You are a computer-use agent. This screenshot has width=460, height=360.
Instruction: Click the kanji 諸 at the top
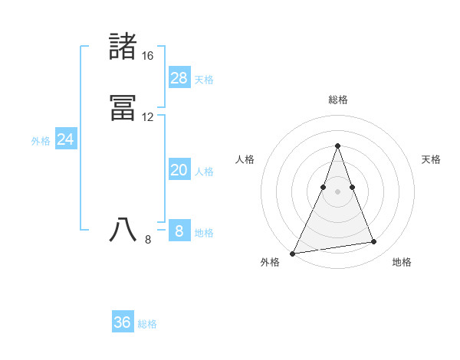(x=123, y=47)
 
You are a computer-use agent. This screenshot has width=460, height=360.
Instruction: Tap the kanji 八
(x=123, y=230)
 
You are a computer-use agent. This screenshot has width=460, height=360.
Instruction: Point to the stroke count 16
(x=147, y=56)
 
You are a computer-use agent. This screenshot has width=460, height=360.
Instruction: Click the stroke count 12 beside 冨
(x=147, y=117)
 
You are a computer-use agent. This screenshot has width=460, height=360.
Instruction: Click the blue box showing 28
(x=179, y=77)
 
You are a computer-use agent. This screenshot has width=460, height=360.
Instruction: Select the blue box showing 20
(x=179, y=170)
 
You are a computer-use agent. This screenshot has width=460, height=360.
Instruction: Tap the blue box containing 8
(x=179, y=231)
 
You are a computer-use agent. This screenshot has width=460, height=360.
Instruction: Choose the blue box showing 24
(x=66, y=139)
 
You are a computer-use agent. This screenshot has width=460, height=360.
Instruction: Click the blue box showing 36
(x=123, y=322)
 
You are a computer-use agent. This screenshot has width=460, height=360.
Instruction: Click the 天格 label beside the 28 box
(x=204, y=80)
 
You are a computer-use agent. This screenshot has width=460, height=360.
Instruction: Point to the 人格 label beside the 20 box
(x=204, y=172)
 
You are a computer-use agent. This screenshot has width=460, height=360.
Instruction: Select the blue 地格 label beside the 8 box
(x=204, y=233)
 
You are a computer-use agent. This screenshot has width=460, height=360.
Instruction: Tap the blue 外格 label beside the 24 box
(x=41, y=141)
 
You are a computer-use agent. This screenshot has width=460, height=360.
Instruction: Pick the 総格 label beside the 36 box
(x=147, y=324)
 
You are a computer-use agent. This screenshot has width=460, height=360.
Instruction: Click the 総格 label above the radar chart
(x=337, y=100)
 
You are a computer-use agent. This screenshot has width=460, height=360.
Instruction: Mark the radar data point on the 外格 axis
(x=293, y=253)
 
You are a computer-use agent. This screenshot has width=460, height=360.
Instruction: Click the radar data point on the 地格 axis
(x=374, y=242)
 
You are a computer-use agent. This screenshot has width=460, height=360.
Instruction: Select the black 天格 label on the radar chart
(x=431, y=159)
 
